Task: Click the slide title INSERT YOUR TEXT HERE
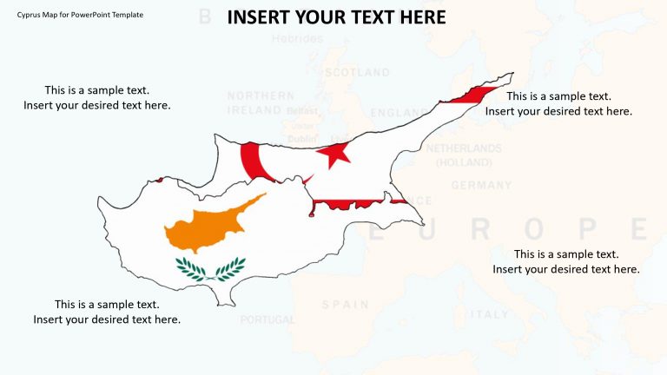tap(337, 16)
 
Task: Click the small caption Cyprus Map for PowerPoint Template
tap(73, 16)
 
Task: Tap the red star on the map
tap(333, 155)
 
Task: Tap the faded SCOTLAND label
tap(357, 73)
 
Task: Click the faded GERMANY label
tap(481, 185)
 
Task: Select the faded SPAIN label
tap(345, 305)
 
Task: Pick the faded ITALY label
tap(490, 314)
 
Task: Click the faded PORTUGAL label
tap(267, 319)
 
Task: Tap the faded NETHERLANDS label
tap(464, 148)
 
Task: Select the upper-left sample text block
tap(97, 97)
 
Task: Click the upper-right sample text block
tap(558, 103)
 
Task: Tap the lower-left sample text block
tap(107, 312)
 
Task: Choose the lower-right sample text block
tap(566, 261)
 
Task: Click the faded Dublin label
tap(302, 139)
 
